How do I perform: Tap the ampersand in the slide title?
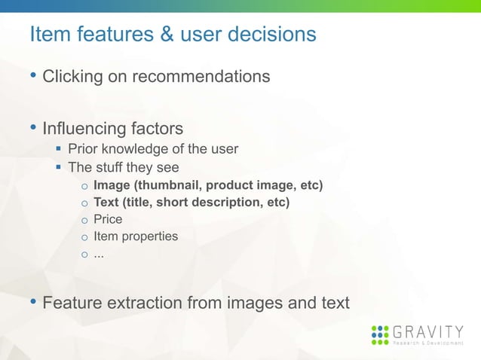point(141,35)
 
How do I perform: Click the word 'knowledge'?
point(139,148)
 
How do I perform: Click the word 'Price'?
point(108,219)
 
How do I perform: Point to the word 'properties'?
point(149,236)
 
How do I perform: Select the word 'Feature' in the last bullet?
point(70,303)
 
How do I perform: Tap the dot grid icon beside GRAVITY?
point(381,334)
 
